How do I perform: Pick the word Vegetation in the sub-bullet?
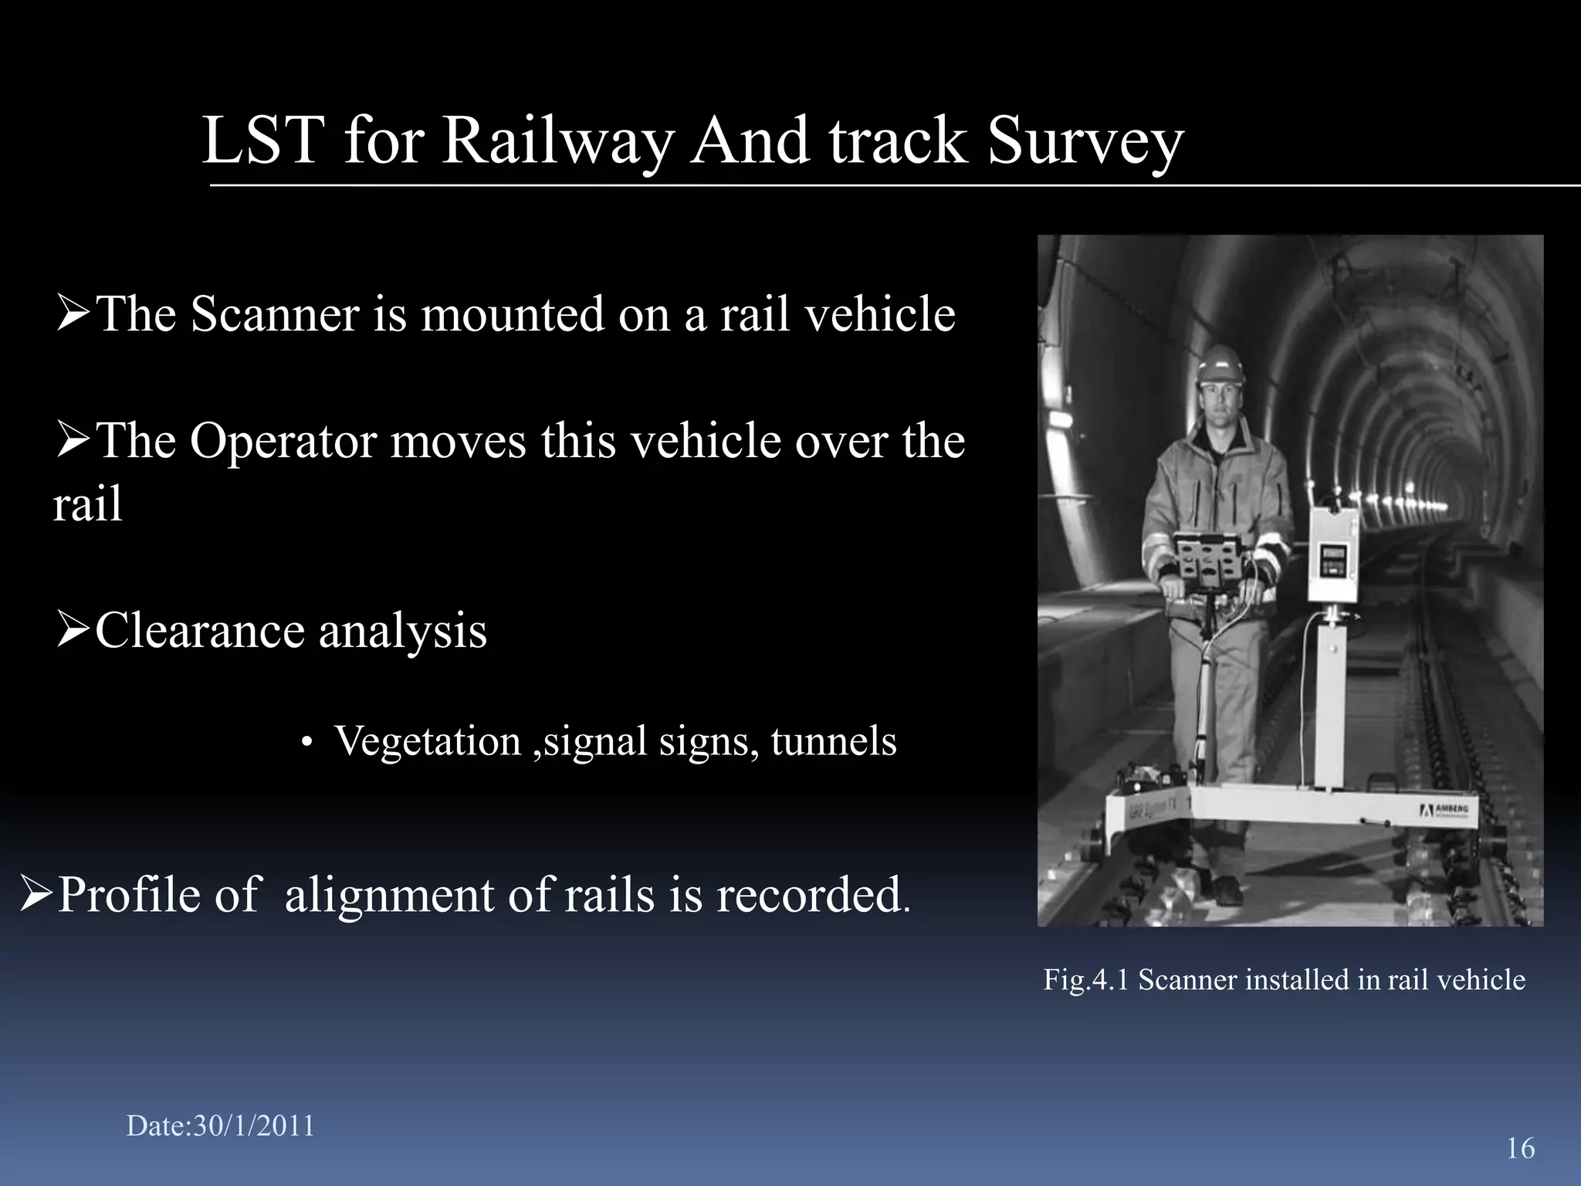[x=428, y=741]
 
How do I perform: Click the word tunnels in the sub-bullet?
[x=834, y=741]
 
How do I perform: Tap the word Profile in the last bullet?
[x=157, y=895]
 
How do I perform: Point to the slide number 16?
[x=1520, y=1148]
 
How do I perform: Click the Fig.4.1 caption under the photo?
[x=1284, y=980]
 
